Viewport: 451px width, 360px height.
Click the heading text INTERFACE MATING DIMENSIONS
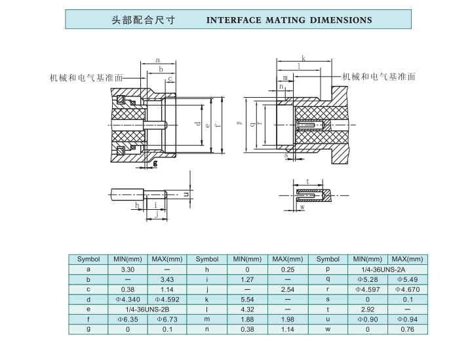(289, 20)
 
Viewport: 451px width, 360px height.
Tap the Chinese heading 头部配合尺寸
(145, 20)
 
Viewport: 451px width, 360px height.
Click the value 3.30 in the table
(128, 269)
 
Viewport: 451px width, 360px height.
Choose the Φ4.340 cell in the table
(128, 299)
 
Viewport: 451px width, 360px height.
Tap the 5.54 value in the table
(247, 299)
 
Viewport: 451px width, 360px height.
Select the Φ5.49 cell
(407, 279)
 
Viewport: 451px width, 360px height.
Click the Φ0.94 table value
(407, 319)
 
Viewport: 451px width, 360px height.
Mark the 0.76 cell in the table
(407, 329)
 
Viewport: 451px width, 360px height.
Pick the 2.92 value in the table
(367, 309)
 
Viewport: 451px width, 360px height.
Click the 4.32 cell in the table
(247, 309)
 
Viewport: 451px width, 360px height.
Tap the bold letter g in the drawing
(155, 163)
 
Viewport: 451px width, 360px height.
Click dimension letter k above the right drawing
(304, 58)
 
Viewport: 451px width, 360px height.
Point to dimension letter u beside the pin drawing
(186, 194)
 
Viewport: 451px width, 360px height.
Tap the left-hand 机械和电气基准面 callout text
(86, 77)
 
